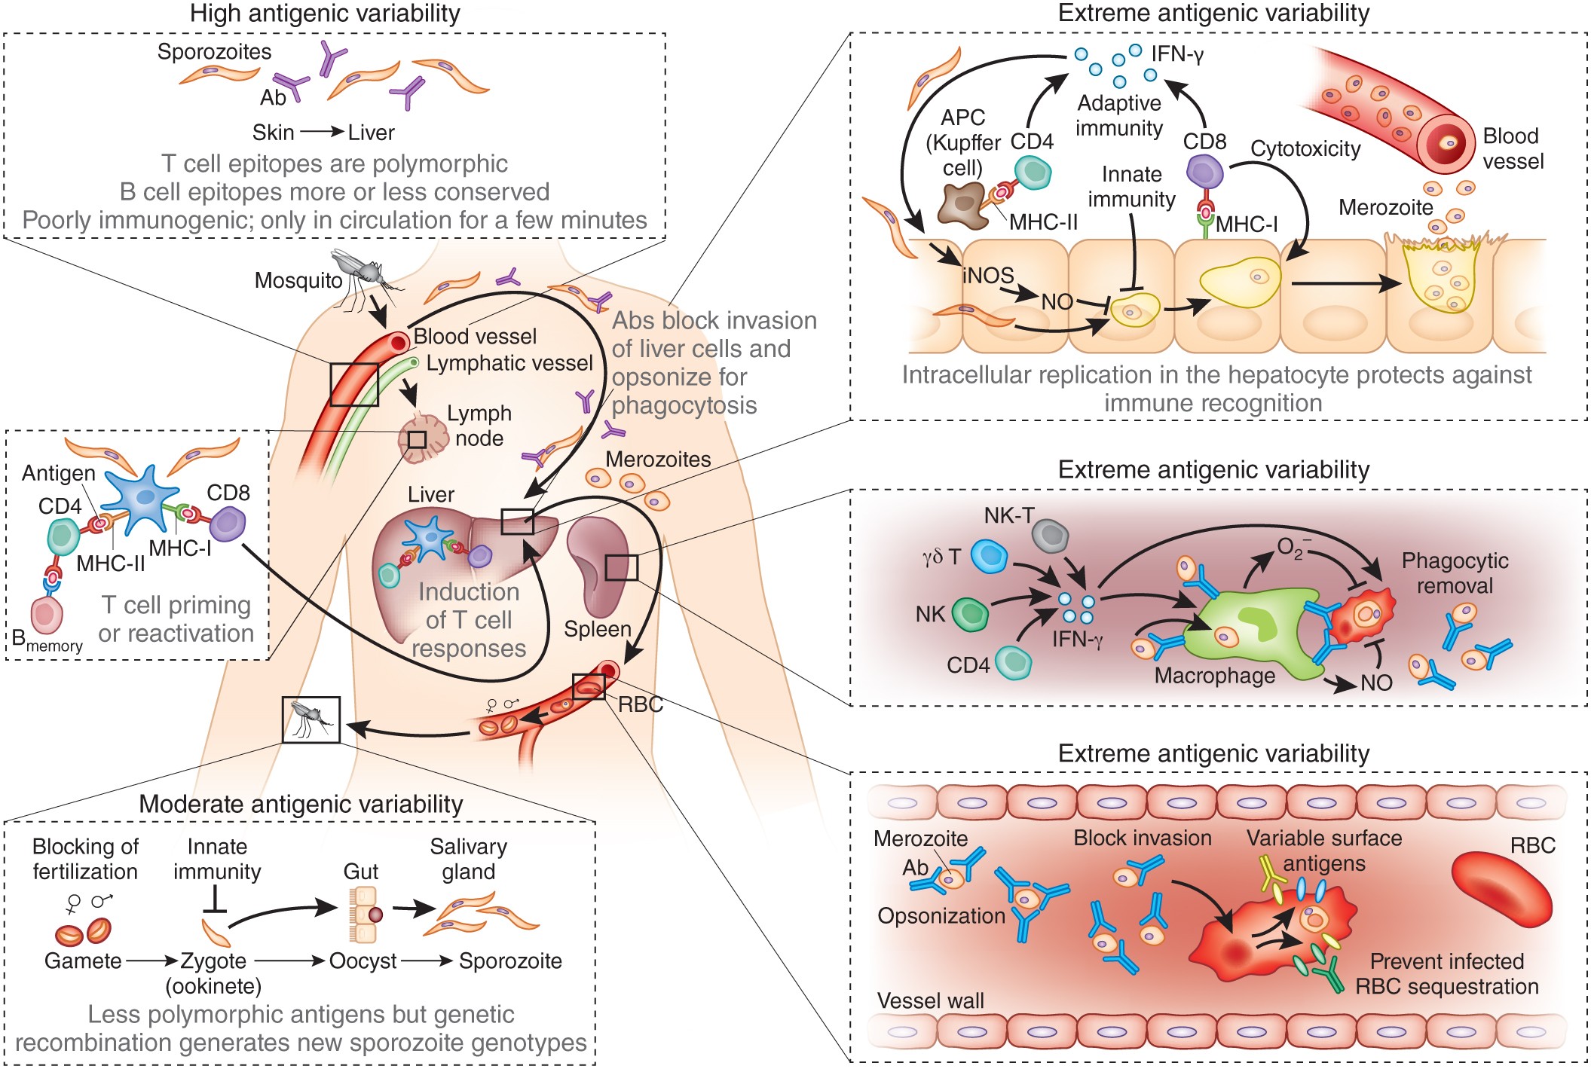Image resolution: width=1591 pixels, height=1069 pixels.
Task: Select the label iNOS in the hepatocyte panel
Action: click(987, 276)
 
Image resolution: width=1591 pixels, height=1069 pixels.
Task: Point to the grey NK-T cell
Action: click(1050, 536)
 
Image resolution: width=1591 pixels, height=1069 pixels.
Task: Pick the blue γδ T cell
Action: click(989, 557)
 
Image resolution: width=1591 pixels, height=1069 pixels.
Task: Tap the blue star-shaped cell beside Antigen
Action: click(143, 499)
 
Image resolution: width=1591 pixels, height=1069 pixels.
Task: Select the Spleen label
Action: click(597, 629)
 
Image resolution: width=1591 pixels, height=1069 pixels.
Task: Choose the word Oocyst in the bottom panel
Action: click(363, 961)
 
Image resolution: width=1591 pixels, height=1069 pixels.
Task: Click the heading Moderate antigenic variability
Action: click(301, 804)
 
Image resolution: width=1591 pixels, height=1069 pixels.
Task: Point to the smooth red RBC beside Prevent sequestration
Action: click(1500, 889)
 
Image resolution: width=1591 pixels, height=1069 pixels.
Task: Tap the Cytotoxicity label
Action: click(1305, 149)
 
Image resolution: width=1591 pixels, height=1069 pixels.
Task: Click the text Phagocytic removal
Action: click(1454, 573)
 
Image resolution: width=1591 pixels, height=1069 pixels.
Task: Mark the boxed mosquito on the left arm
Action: click(311, 719)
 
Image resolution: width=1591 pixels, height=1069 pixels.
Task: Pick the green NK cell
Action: click(970, 614)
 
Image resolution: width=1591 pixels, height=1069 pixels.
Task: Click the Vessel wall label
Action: click(930, 1000)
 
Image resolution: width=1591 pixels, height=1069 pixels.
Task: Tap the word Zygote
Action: click(213, 961)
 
